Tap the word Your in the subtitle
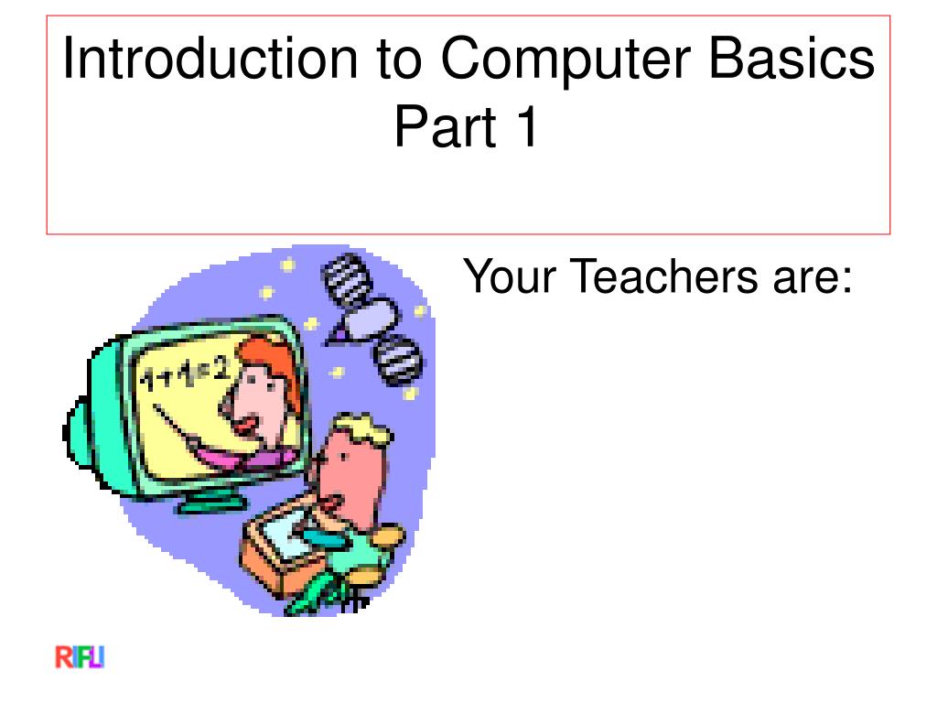click(509, 276)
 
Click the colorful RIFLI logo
click(80, 658)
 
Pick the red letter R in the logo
click(62, 658)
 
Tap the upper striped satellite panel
click(342, 274)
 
